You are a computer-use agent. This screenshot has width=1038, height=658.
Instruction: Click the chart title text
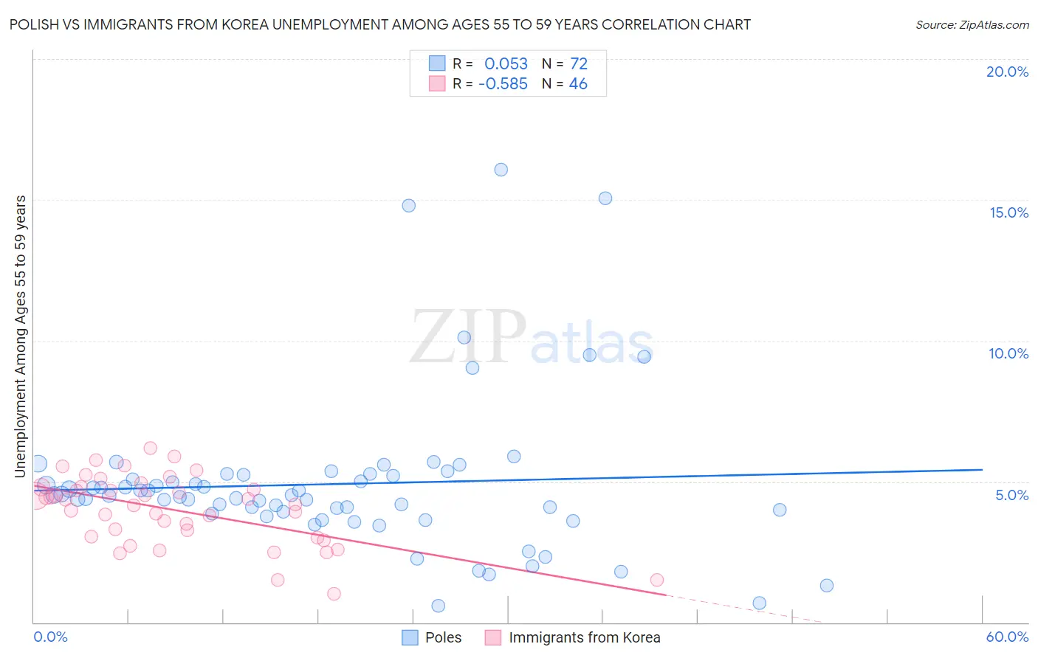tap(380, 24)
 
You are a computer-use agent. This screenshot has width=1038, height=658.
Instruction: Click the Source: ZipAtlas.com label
tap(972, 24)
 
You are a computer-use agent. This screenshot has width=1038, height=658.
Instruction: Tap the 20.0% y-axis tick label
tap(1007, 72)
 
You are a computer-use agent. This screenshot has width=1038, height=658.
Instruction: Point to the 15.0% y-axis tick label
tap(1008, 212)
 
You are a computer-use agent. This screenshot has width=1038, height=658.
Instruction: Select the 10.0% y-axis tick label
tap(1008, 353)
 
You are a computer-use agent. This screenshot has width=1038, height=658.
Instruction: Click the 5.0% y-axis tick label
tap(1011, 495)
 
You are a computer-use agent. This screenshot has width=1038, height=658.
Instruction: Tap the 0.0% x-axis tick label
tap(50, 637)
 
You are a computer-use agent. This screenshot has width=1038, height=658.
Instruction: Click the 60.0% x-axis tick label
tap(1007, 637)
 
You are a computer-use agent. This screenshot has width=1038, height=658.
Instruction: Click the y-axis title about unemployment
tap(21, 336)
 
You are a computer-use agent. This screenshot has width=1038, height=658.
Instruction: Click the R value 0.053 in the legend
tap(506, 64)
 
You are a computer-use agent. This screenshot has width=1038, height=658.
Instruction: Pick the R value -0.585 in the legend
tap(503, 84)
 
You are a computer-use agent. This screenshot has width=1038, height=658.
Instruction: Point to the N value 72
tap(579, 64)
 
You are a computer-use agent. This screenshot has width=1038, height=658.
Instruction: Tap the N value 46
tap(578, 84)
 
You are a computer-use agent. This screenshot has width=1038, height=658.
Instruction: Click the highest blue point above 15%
tap(501, 170)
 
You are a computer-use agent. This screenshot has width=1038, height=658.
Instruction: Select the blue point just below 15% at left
tap(408, 206)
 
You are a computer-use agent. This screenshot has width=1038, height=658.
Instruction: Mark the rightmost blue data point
tap(827, 586)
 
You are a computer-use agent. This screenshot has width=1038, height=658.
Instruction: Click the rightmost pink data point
tap(657, 580)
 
